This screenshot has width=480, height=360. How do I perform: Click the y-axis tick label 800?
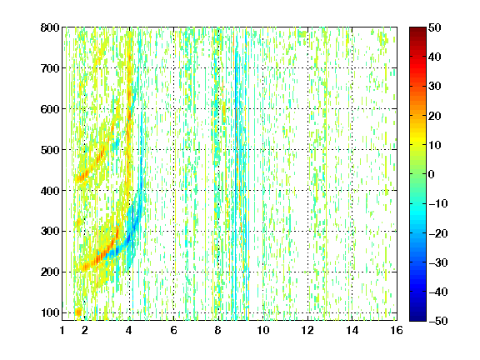pos(50,27)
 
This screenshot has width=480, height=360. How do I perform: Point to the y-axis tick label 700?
pos(50,68)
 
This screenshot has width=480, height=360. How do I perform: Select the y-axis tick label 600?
pos(50,109)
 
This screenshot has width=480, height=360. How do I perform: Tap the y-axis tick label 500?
pos(50,150)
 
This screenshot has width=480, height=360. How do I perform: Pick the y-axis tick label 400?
pos(50,191)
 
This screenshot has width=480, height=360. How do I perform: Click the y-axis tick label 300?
pos(50,231)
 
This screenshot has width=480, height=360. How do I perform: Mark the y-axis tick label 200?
pos(50,272)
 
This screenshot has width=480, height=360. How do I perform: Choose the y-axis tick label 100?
pos(50,312)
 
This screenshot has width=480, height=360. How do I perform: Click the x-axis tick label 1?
pos(62,330)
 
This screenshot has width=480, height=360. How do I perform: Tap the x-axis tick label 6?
pos(174,330)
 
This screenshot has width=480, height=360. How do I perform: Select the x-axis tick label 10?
pos(263,330)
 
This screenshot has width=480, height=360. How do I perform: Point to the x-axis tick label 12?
pos(307,330)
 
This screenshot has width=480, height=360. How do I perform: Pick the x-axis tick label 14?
pos(352,330)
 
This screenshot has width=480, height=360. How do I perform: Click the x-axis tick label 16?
pos(397,330)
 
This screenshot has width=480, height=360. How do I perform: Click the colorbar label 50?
pos(435,27)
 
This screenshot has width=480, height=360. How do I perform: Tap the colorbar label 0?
pos(432,174)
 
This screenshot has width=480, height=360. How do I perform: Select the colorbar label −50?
pos(438,321)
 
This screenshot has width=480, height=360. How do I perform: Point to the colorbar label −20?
pos(438,233)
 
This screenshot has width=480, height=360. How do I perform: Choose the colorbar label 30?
pos(435,87)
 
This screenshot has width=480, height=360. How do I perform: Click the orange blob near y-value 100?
pos(78,312)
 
